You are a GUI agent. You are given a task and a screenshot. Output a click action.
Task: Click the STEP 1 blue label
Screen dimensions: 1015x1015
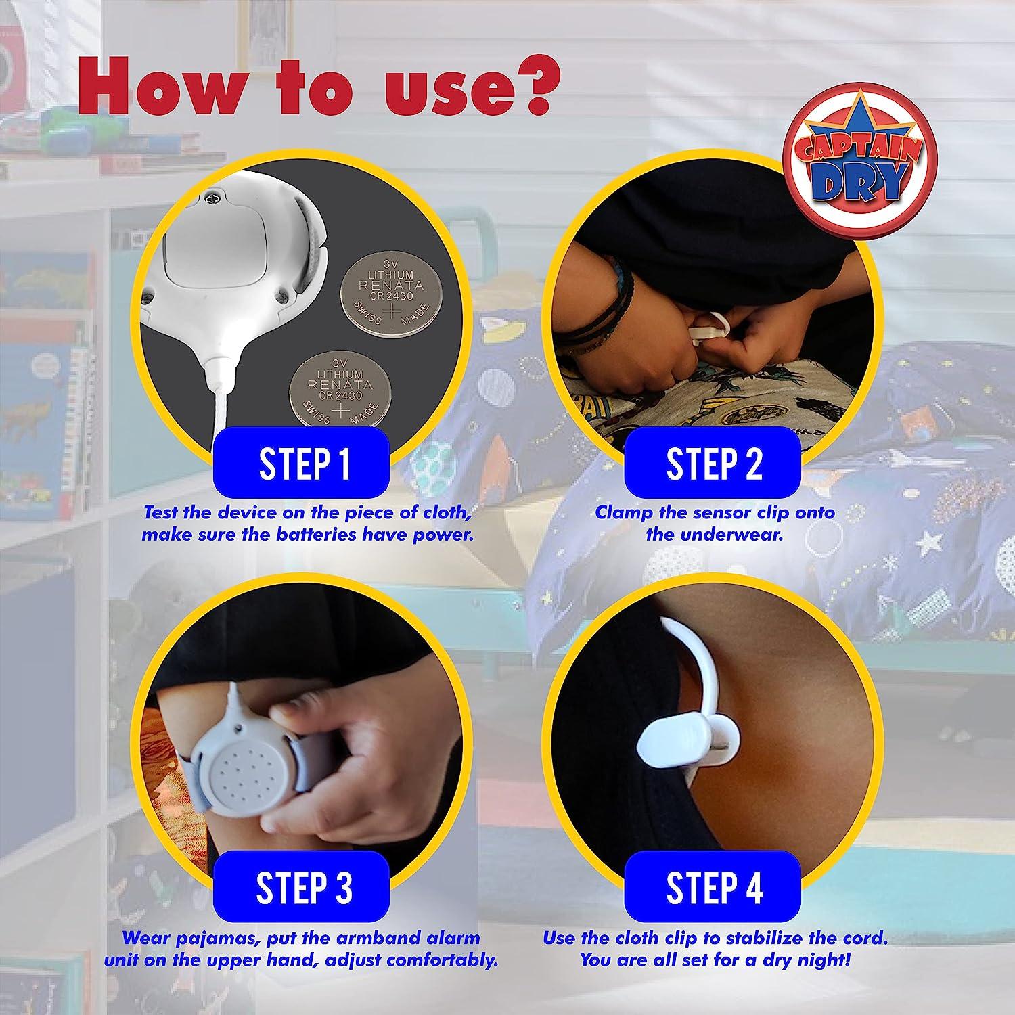pos(304,463)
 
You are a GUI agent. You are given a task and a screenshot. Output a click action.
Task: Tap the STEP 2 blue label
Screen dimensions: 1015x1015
pos(714,463)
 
